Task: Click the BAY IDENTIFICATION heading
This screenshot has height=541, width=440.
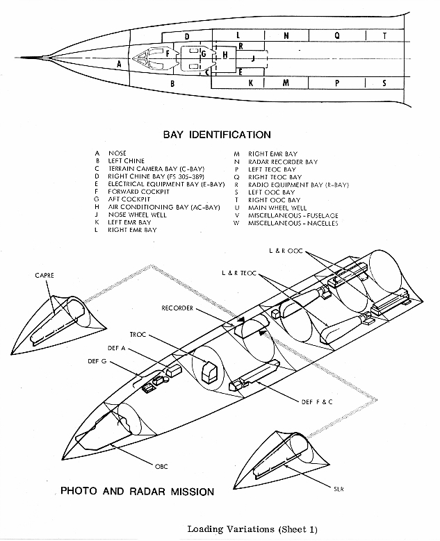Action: [216, 135]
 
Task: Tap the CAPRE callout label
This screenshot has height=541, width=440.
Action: [44, 276]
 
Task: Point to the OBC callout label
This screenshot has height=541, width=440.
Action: [161, 465]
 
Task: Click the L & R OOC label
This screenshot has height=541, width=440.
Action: [284, 249]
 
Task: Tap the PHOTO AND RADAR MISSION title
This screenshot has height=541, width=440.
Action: [137, 492]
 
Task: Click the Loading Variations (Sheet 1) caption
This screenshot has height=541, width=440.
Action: [252, 528]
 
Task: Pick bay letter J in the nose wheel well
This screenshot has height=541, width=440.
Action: [253, 59]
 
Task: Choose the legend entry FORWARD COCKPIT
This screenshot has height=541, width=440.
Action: [138, 192]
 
